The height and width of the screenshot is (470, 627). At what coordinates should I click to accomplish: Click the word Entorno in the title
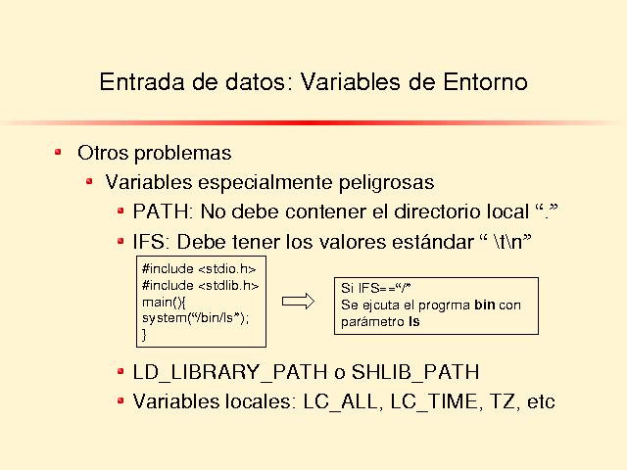(x=485, y=82)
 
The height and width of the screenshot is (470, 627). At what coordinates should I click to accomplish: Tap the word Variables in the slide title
(x=351, y=82)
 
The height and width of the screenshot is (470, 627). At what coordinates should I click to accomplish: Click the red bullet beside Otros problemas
(x=59, y=152)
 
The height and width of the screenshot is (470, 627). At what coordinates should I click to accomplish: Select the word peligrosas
(x=386, y=183)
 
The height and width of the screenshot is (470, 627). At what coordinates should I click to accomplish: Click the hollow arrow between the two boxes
(x=298, y=302)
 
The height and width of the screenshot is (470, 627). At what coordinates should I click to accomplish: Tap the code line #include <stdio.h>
(x=199, y=269)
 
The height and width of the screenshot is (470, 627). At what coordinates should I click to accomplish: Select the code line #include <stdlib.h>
(x=200, y=285)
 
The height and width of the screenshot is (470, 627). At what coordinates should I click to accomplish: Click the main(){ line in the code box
(x=164, y=303)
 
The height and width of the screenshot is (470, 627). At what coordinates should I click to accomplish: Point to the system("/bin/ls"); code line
(x=196, y=318)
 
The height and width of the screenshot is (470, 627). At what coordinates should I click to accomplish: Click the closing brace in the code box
(x=144, y=335)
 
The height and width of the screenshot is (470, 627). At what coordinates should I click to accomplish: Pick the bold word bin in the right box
(x=485, y=305)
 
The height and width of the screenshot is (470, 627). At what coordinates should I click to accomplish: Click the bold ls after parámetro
(x=414, y=321)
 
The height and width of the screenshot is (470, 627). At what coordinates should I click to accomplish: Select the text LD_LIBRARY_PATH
(x=230, y=372)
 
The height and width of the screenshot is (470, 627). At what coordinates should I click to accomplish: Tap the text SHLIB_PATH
(x=415, y=372)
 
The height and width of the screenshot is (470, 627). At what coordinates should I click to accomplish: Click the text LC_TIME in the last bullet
(x=434, y=401)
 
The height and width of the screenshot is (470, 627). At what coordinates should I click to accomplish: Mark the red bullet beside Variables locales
(x=121, y=400)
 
